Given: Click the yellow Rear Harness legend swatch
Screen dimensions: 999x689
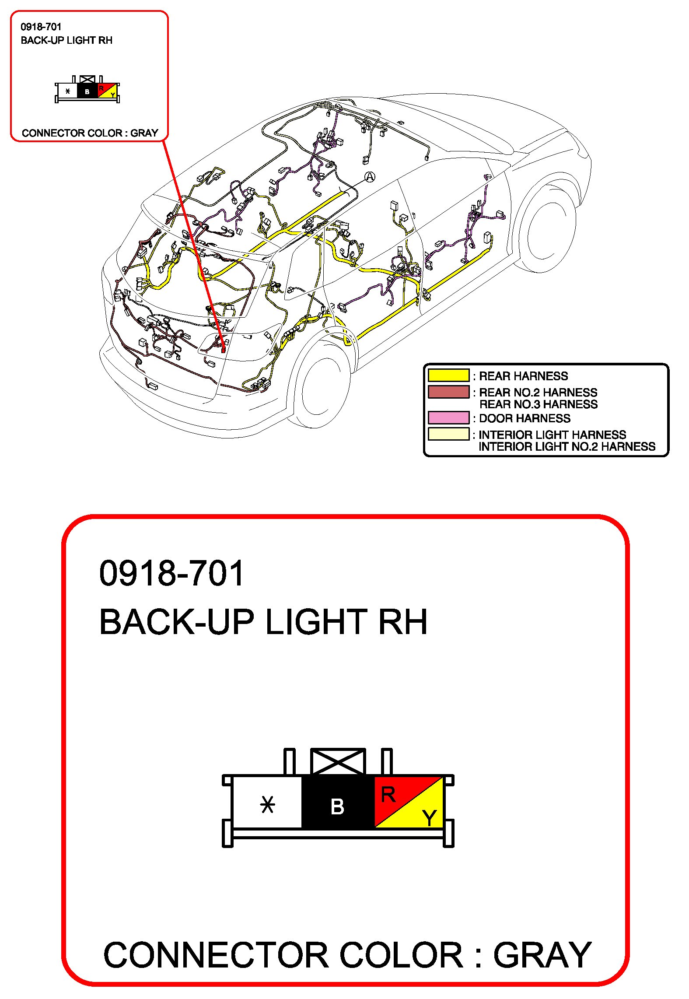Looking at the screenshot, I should point(448,375).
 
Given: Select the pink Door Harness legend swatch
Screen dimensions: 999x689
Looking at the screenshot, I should point(448,417).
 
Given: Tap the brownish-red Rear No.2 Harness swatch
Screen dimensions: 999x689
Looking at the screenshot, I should point(448,392).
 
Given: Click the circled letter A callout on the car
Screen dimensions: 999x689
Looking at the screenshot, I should point(370,177).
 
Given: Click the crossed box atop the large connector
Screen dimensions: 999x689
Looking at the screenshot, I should point(337,762).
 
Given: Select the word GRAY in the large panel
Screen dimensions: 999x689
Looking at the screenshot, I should point(542,956).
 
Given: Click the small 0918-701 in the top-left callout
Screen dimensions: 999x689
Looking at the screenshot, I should point(41,27).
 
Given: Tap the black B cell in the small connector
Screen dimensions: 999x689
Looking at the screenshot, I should point(87,91).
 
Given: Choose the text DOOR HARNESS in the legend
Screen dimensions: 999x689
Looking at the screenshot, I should point(525,418).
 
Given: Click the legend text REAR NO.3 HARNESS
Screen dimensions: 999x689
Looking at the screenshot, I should point(538,404).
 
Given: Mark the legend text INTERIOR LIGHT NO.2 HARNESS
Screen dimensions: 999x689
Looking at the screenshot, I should point(567,446).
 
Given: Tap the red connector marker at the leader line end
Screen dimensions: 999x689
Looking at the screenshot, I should point(224,349).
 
